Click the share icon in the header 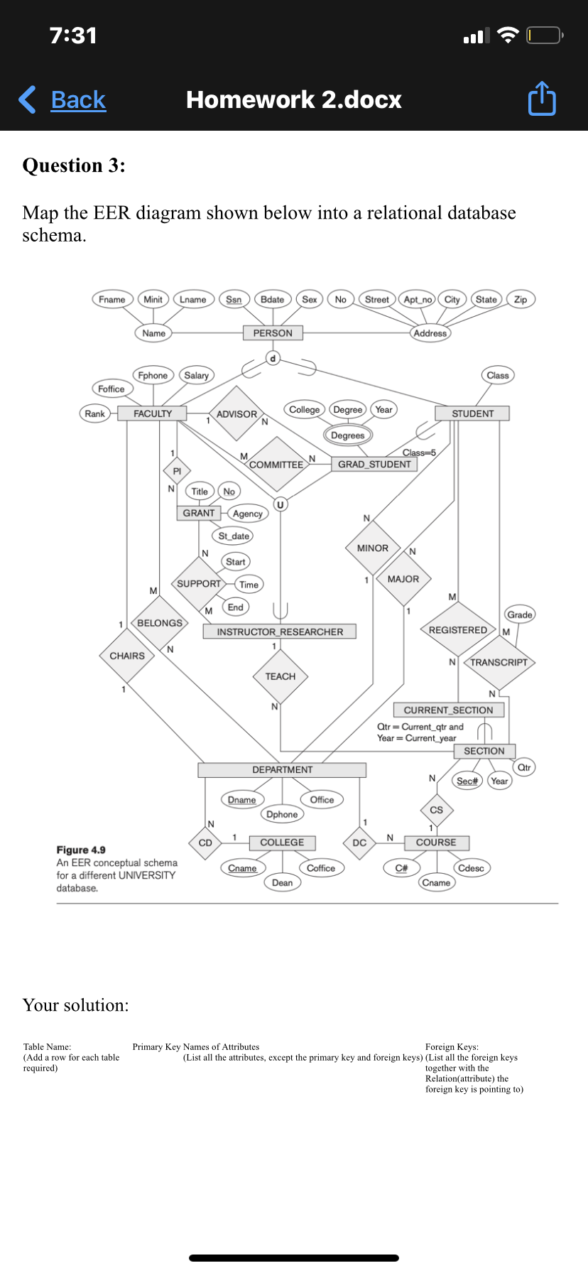[x=542, y=99]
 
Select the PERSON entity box [x=273, y=333]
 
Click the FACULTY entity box [x=153, y=413]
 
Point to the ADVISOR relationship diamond [x=237, y=414]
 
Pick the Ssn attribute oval [x=234, y=300]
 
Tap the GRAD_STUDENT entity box [x=374, y=465]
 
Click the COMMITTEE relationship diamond [x=276, y=465]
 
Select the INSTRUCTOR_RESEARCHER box [x=280, y=632]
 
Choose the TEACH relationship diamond [x=281, y=676]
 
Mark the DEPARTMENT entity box [x=282, y=770]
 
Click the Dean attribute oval [x=282, y=883]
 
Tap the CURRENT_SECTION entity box [x=448, y=710]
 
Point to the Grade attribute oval [x=519, y=614]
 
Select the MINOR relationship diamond [x=373, y=548]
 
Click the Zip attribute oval [x=521, y=300]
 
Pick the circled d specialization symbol [x=273, y=358]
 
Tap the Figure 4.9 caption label [x=81, y=850]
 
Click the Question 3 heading [x=74, y=166]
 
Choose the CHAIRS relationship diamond [x=127, y=656]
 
